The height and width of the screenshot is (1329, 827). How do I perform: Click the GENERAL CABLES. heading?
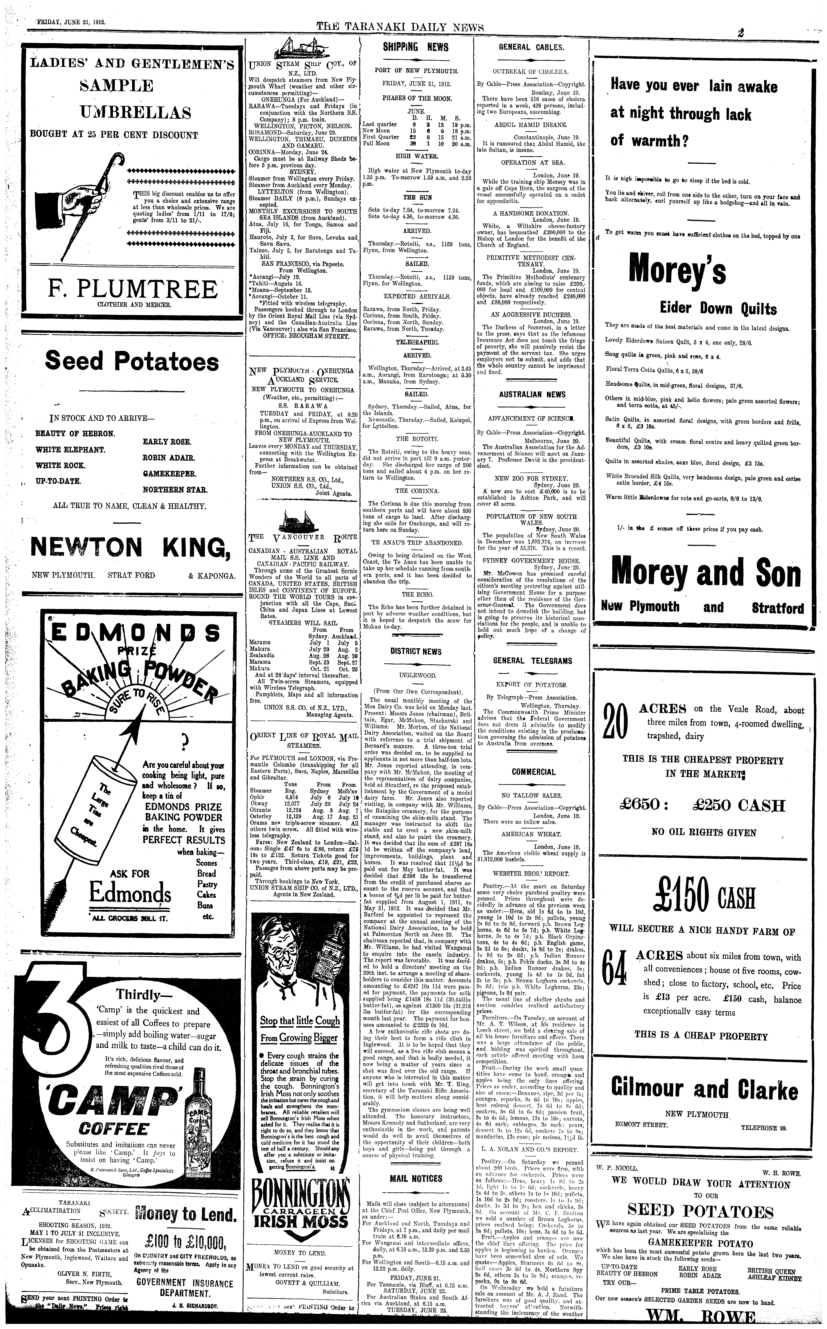pos(531,47)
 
